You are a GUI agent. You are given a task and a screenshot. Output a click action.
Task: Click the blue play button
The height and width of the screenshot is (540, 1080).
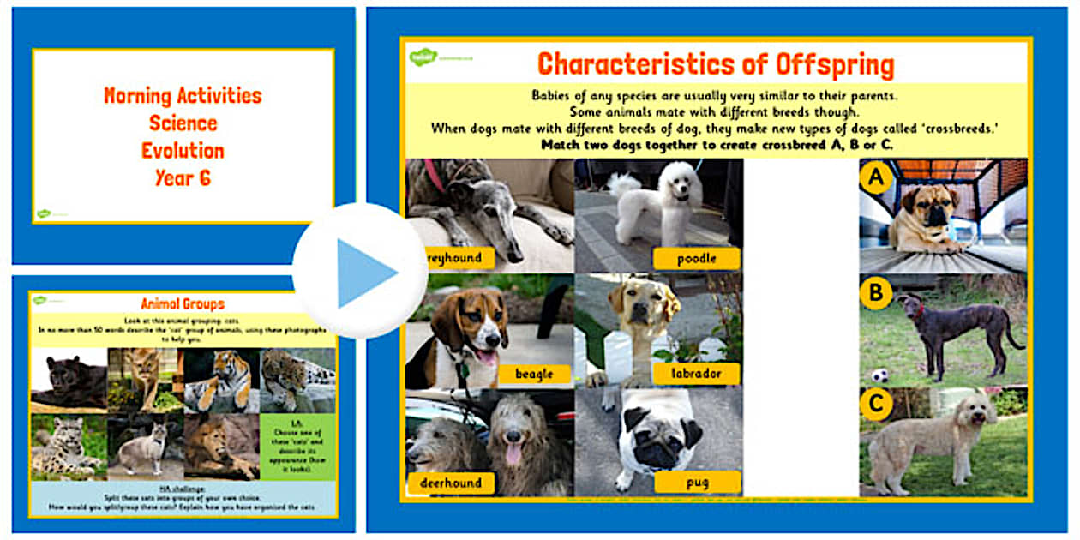[360, 272]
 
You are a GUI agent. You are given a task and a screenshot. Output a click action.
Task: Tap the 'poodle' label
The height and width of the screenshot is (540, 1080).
[695, 258]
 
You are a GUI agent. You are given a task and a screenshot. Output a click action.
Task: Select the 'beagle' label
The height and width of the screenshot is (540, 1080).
[533, 374]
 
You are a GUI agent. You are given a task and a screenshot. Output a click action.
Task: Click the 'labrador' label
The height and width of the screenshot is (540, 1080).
[695, 374]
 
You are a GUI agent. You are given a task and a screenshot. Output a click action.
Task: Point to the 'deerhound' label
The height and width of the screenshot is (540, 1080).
[451, 483]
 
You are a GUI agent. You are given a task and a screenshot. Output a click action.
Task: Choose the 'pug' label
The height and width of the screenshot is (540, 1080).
[697, 483]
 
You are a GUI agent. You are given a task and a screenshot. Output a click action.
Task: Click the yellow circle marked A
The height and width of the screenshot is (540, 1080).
[876, 178]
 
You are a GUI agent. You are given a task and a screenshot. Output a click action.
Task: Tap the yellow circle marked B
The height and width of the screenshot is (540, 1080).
[876, 294]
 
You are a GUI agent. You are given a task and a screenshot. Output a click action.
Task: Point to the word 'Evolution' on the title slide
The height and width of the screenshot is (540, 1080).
[183, 151]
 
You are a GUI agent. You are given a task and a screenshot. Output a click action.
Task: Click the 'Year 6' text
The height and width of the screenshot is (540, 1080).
[183, 178]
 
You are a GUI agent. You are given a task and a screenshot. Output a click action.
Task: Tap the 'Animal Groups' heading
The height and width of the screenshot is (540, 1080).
[183, 303]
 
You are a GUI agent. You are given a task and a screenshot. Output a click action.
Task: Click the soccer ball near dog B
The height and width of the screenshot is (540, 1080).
[879, 375]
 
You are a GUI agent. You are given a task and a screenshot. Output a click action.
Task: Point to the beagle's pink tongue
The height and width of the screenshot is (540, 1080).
[487, 357]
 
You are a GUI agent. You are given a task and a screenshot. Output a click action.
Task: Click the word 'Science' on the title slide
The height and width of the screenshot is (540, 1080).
[183, 123]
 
